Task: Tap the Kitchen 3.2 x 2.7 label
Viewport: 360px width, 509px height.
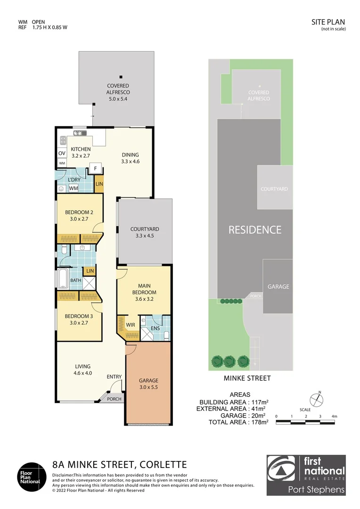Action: tap(81, 152)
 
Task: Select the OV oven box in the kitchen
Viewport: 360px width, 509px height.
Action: tap(62, 154)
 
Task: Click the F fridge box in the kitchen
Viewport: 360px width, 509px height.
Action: tap(96, 168)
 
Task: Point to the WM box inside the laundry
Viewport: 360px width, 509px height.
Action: tap(74, 189)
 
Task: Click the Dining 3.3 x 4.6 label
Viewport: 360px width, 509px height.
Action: tap(130, 158)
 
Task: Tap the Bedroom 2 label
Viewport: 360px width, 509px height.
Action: tap(79, 215)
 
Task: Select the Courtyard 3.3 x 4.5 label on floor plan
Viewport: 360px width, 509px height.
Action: tap(145, 232)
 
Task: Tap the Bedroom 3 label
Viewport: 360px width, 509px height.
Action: tap(79, 319)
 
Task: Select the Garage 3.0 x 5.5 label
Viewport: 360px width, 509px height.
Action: tap(148, 384)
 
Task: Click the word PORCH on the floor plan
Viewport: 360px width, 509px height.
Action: tap(114, 399)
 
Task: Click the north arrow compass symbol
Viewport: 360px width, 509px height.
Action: tap(319, 399)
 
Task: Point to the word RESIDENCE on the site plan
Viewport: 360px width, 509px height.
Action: tap(255, 230)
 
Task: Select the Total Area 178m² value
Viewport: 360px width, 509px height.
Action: tap(258, 422)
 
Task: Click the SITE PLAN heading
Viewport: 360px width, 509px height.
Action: tap(328, 22)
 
